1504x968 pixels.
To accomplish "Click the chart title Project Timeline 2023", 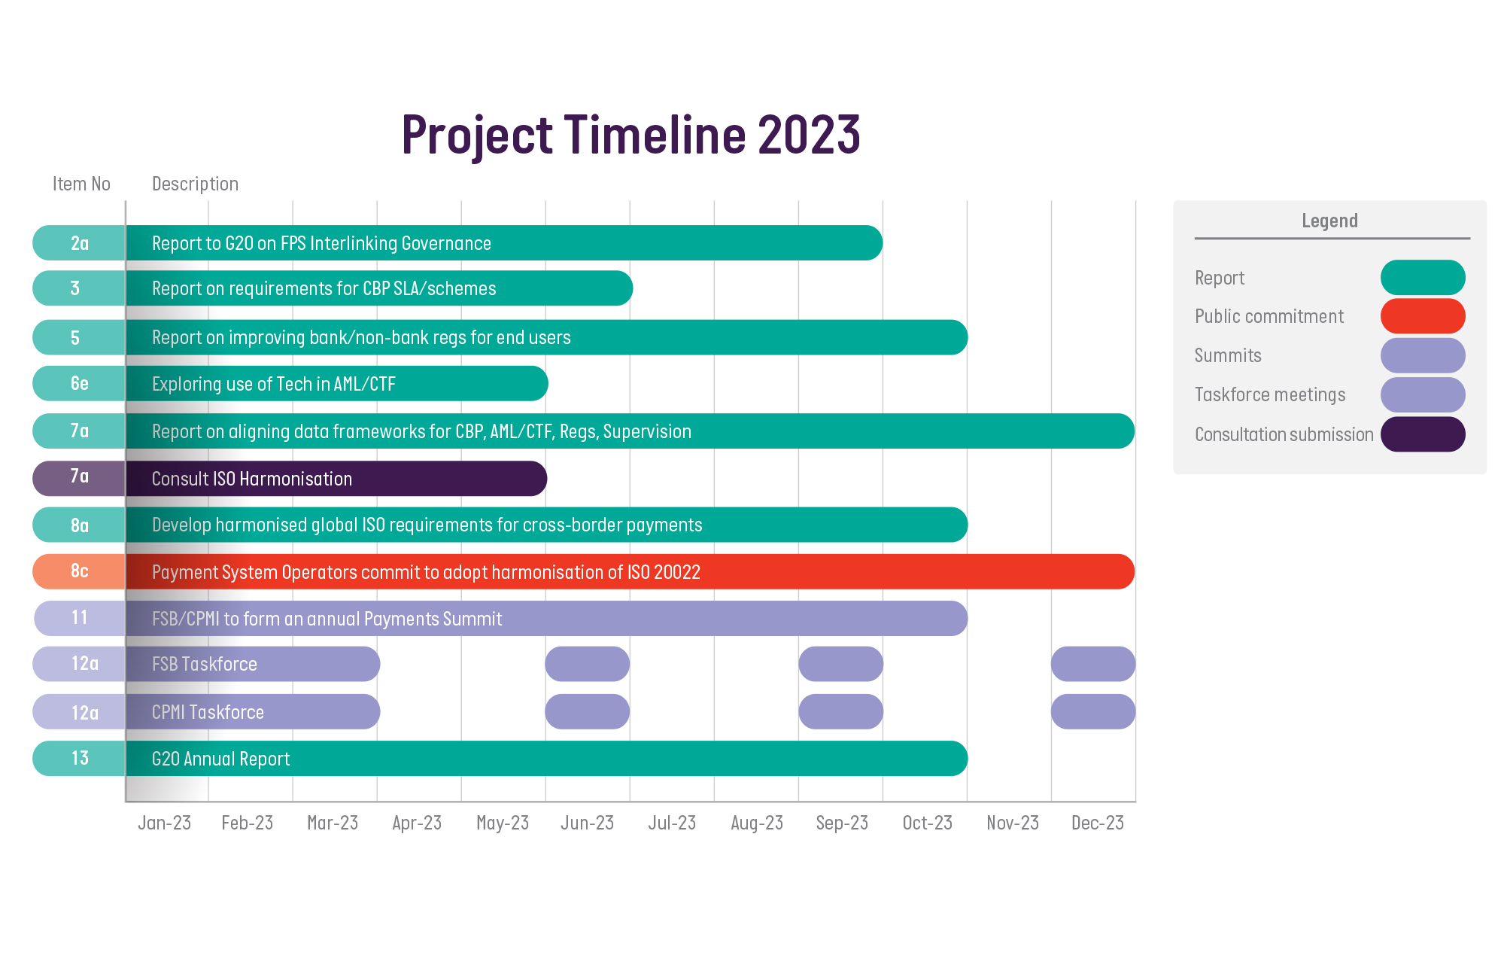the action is [630, 135].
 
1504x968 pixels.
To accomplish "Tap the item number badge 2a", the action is [79, 243].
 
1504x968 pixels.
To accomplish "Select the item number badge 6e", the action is [79, 383].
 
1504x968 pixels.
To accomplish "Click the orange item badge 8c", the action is [79, 571].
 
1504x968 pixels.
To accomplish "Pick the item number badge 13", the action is [79, 758].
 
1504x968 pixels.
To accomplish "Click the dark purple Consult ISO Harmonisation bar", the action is [336, 479].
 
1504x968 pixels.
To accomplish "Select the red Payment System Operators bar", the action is [630, 572].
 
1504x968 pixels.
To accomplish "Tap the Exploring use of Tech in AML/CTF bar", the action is [337, 384].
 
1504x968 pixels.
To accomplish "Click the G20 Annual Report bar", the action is [546, 759].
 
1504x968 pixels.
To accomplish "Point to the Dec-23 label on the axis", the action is [1097, 823].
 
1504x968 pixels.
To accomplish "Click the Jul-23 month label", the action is [672, 823].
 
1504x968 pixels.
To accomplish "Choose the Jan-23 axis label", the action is [164, 823].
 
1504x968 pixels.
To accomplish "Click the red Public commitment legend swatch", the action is [1423, 316].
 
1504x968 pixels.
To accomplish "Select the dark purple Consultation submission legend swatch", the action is [1423, 434].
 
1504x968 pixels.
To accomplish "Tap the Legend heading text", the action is [1329, 221].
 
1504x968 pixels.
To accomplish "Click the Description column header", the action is [195, 184].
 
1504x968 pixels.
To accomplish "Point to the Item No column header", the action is [81, 184].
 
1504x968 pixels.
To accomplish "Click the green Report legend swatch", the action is [1423, 278].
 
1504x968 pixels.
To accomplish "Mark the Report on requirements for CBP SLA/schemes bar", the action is [379, 288].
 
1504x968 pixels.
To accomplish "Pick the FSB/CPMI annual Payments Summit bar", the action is [546, 619].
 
